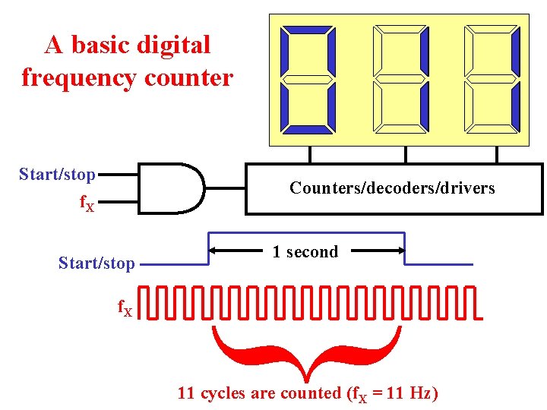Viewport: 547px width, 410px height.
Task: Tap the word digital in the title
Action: pos(173,45)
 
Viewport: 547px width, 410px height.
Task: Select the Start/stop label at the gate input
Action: pos(57,175)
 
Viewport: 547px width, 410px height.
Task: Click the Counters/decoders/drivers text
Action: pos(392,188)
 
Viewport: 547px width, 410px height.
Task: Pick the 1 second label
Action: pos(305,251)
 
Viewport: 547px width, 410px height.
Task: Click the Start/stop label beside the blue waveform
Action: pos(96,263)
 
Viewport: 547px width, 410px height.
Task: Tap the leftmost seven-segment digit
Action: pos(308,80)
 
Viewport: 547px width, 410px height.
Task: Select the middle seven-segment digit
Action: pos(400,80)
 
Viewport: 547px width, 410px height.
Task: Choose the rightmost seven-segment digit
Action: pos(492,80)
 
